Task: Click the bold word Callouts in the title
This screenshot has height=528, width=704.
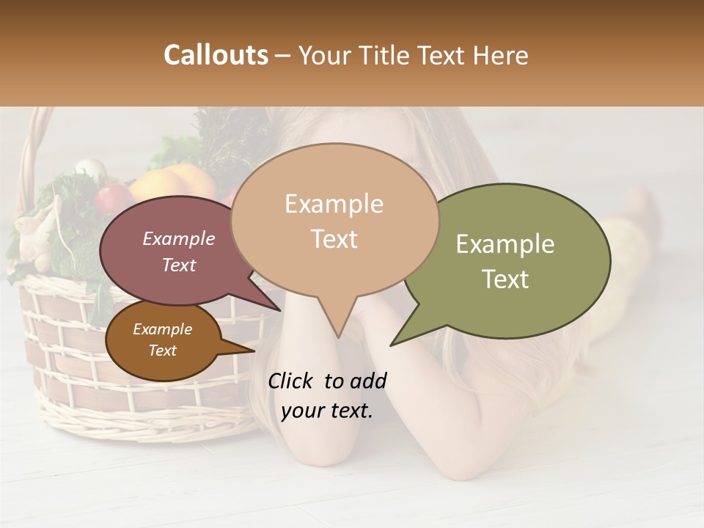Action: [x=216, y=55]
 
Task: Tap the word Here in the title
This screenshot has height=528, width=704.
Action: [x=500, y=55]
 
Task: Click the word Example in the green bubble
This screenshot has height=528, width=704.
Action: [x=505, y=244]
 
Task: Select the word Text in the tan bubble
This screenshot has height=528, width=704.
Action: [x=334, y=239]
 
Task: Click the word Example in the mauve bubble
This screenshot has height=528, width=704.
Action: [x=178, y=238]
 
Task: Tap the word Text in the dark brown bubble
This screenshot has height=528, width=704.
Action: [x=162, y=351]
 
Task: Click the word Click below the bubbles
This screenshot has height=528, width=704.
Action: [x=291, y=381]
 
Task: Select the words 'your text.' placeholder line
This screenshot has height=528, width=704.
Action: [x=326, y=411]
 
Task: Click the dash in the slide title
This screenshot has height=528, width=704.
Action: [x=282, y=56]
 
